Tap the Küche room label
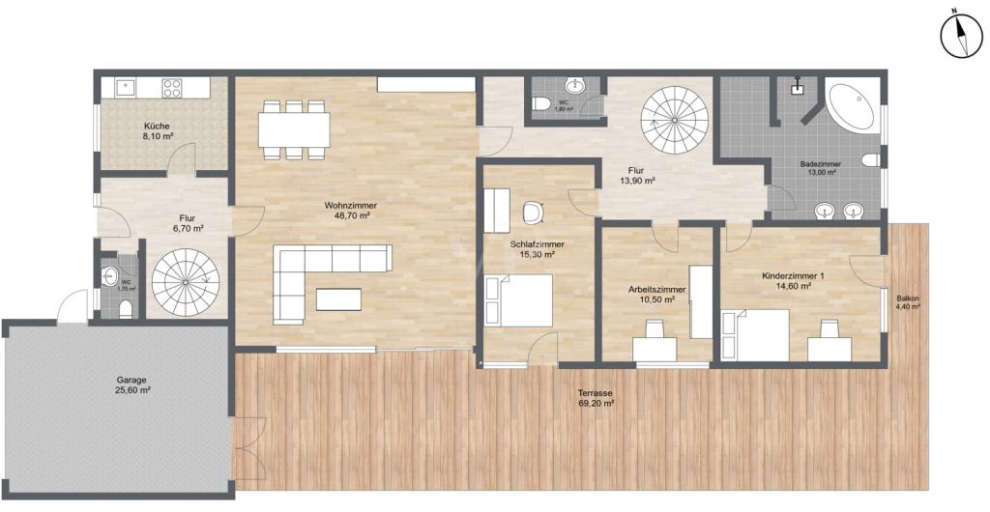click(x=157, y=126)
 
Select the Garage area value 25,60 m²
click(x=131, y=390)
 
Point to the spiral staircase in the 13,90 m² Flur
click(x=674, y=119)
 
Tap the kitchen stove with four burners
click(x=172, y=88)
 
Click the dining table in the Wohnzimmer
click(x=294, y=129)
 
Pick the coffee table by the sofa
click(x=339, y=299)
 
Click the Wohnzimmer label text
click(x=351, y=205)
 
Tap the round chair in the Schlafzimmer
click(x=534, y=212)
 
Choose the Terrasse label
click(x=596, y=393)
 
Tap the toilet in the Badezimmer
click(x=871, y=159)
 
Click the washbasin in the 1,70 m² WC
click(x=108, y=274)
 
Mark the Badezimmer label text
click(x=820, y=163)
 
